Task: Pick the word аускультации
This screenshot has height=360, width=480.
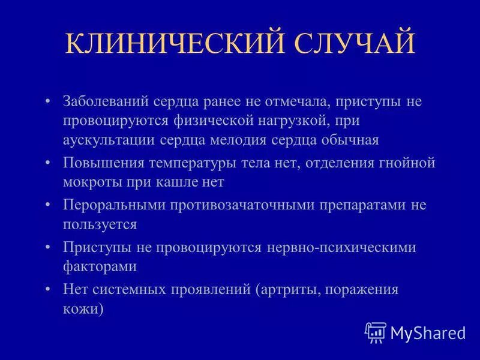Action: [110, 140]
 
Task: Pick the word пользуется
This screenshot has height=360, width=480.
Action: [100, 224]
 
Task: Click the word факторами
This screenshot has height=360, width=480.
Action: [100, 266]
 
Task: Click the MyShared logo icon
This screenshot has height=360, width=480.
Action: [375, 331]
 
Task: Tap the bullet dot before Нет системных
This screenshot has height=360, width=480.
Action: [48, 289]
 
